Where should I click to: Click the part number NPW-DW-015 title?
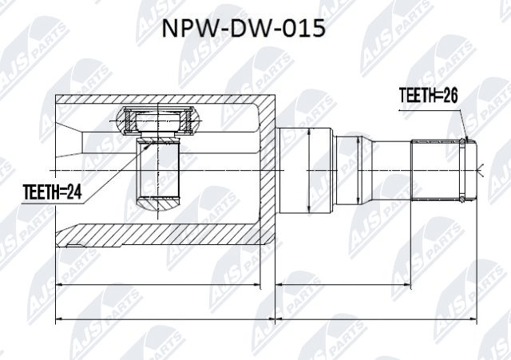(x=244, y=29)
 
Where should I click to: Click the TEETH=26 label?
(x=428, y=96)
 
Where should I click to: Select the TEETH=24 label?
(x=52, y=192)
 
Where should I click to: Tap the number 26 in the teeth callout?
(x=450, y=96)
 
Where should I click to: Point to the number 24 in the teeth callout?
(x=73, y=192)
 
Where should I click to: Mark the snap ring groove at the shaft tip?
(x=462, y=170)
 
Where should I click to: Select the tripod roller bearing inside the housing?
(x=157, y=121)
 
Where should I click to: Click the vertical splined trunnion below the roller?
(x=158, y=170)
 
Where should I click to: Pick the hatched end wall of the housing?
(x=267, y=169)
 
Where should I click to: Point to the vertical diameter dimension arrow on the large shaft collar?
(x=308, y=171)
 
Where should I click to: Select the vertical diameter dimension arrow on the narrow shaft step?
(x=358, y=170)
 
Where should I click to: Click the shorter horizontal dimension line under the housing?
(x=158, y=284)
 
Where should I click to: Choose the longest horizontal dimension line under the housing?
(x=165, y=318)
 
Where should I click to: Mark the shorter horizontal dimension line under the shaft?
(x=343, y=284)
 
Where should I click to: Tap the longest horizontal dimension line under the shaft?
(x=376, y=318)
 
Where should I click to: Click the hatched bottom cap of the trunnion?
(x=158, y=204)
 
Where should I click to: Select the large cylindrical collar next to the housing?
(x=306, y=171)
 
